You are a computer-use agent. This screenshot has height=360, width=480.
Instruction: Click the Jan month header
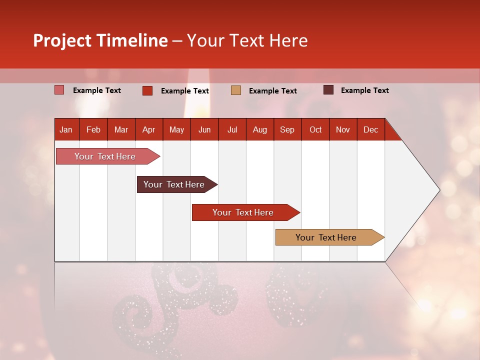point(66,129)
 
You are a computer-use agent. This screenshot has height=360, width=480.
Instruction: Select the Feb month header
point(93,129)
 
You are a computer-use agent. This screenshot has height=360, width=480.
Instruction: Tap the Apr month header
point(148,129)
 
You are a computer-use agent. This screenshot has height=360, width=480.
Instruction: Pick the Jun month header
point(204,129)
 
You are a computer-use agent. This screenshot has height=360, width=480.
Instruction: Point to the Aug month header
point(259,129)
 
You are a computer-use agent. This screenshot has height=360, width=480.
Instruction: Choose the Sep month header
point(287,129)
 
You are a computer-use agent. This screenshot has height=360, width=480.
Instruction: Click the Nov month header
point(342,129)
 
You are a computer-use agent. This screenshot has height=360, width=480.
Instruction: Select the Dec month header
point(370,129)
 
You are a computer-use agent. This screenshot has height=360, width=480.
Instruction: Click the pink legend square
point(59,90)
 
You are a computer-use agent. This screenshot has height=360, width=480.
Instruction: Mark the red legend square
point(147,90)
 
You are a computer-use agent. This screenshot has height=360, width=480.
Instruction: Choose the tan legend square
point(236,90)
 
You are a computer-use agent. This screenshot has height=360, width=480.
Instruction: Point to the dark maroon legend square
point(328,90)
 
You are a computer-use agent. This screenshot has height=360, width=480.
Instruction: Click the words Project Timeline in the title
point(100,40)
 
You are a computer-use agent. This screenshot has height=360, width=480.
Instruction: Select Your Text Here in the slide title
point(247,40)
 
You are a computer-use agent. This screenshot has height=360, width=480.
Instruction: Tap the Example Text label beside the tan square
point(272,91)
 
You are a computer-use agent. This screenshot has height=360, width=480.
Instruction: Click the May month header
point(176,129)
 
